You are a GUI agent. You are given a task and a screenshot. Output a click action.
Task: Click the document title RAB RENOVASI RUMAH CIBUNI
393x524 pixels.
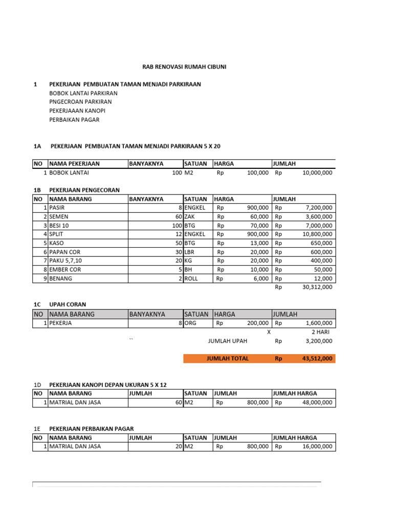(x=184, y=67)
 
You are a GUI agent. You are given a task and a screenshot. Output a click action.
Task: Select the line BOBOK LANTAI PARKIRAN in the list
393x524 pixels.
(x=83, y=93)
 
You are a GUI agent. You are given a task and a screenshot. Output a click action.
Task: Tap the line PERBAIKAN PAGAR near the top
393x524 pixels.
(x=74, y=119)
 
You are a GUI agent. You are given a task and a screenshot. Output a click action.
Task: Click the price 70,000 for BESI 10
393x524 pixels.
(x=257, y=226)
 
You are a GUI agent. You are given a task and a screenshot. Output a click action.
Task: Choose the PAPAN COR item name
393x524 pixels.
(x=65, y=252)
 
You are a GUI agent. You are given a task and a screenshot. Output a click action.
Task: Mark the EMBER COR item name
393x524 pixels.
(x=65, y=270)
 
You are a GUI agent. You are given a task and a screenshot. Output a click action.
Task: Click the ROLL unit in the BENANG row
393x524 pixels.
(x=191, y=278)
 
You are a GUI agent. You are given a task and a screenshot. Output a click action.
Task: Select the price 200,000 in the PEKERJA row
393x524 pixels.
(x=257, y=323)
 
